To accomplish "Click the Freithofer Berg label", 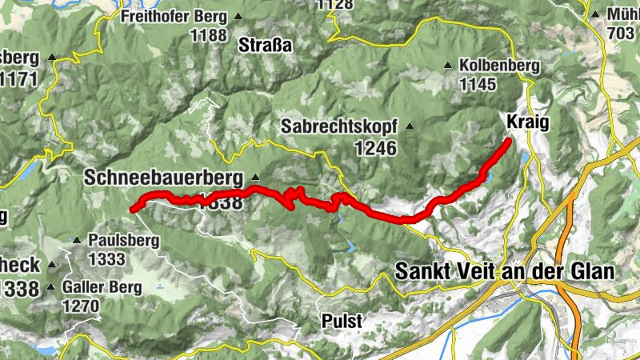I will click(170, 15).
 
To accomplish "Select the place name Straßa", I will click(266, 46).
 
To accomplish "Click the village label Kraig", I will click(528, 120).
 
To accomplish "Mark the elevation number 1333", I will click(107, 258).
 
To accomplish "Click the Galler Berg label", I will click(103, 286).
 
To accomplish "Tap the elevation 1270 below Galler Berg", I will click(81, 306).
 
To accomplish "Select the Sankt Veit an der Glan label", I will click(505, 272).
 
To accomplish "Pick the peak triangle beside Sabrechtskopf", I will click(410, 126).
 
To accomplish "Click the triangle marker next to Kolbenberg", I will click(448, 65).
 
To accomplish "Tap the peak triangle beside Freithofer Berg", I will click(238, 15).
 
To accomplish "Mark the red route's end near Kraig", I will click(509, 141).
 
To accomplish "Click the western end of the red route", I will click(131, 210).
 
